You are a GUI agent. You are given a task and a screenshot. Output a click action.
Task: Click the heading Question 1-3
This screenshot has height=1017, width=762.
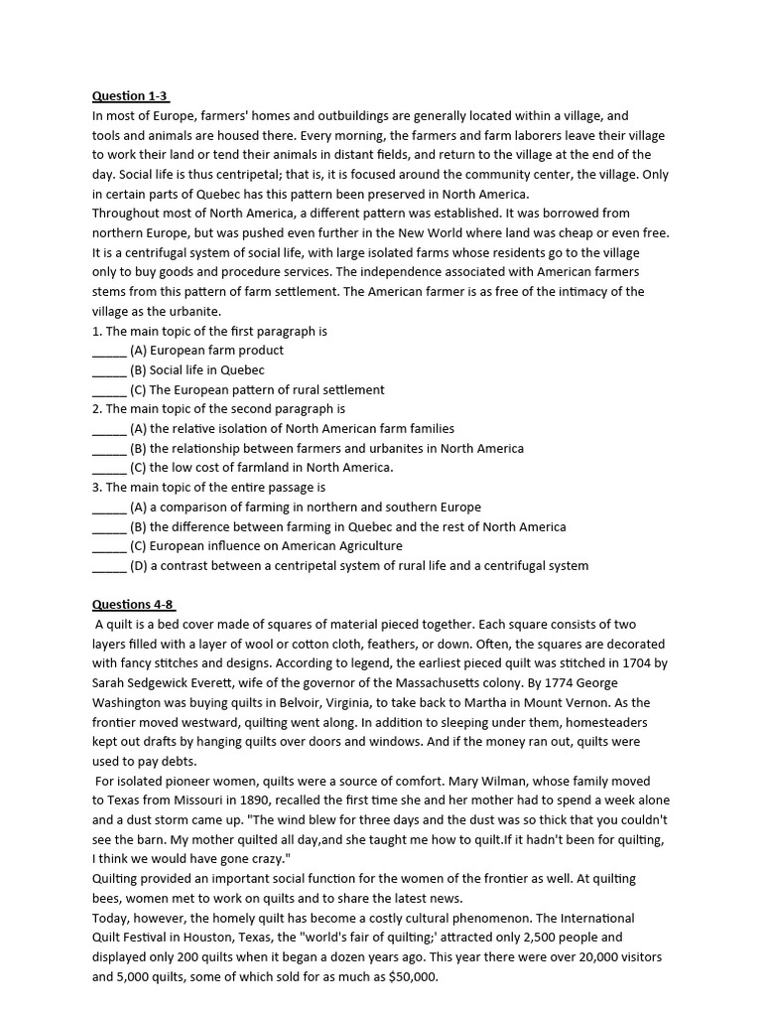coord(130,96)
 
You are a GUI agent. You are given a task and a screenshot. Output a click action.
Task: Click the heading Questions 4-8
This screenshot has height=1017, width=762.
coord(133,604)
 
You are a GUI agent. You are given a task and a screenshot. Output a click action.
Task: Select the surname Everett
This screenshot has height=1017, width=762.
coord(227,683)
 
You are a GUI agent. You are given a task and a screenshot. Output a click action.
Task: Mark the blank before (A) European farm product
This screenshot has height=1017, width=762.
coord(109,351)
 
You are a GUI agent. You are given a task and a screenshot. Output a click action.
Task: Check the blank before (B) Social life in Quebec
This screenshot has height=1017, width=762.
coord(109,370)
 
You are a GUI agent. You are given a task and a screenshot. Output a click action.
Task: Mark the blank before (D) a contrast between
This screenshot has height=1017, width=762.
coord(109,566)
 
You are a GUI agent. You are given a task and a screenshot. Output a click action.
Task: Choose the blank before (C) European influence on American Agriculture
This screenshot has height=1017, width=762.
coord(109,546)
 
